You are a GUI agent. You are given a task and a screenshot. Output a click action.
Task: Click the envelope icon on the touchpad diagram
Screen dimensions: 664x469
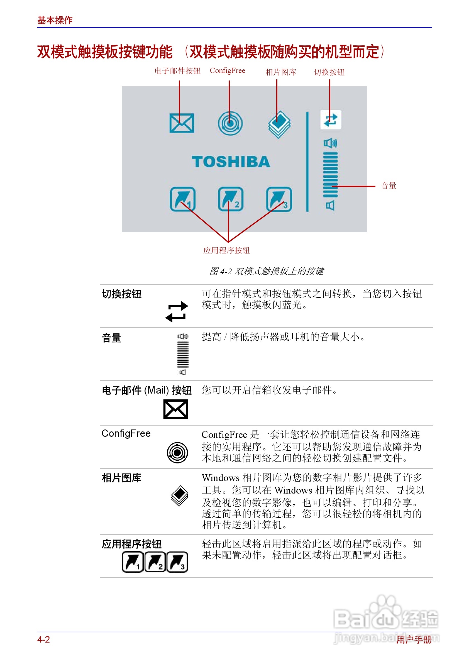(182, 123)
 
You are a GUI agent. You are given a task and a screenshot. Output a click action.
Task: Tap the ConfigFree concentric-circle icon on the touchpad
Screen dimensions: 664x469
(230, 123)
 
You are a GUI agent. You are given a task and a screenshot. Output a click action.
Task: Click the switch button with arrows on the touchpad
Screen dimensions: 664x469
(331, 120)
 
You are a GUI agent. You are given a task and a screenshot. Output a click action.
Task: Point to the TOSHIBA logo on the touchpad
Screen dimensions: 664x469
(231, 162)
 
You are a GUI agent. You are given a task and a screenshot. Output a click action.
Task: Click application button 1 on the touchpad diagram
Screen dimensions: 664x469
(182, 199)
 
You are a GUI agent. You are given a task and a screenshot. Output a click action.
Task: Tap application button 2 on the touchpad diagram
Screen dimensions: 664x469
(230, 199)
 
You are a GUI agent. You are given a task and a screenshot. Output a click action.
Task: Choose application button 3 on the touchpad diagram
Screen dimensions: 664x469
(279, 199)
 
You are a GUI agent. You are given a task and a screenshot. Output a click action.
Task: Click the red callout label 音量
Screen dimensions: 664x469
(388, 186)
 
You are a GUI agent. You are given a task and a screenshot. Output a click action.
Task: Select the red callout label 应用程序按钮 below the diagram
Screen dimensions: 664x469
(226, 250)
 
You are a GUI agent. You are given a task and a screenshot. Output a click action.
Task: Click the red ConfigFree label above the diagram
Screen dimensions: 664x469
(227, 70)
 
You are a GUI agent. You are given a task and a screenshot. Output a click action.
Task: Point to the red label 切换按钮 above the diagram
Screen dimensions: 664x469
(329, 72)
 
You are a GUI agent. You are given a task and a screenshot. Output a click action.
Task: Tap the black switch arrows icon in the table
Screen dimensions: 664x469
(176, 312)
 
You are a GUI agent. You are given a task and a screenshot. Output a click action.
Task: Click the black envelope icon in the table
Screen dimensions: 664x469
(175, 409)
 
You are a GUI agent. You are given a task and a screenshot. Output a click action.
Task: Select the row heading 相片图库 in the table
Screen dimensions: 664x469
(121, 478)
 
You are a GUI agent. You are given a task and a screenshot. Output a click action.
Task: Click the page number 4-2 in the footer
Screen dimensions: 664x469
(43, 639)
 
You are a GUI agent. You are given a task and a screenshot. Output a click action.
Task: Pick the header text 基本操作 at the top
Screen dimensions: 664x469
(55, 20)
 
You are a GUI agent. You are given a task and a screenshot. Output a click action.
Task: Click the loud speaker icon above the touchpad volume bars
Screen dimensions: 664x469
(330, 143)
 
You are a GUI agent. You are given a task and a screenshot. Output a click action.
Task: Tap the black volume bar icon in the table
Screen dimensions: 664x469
(183, 354)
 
